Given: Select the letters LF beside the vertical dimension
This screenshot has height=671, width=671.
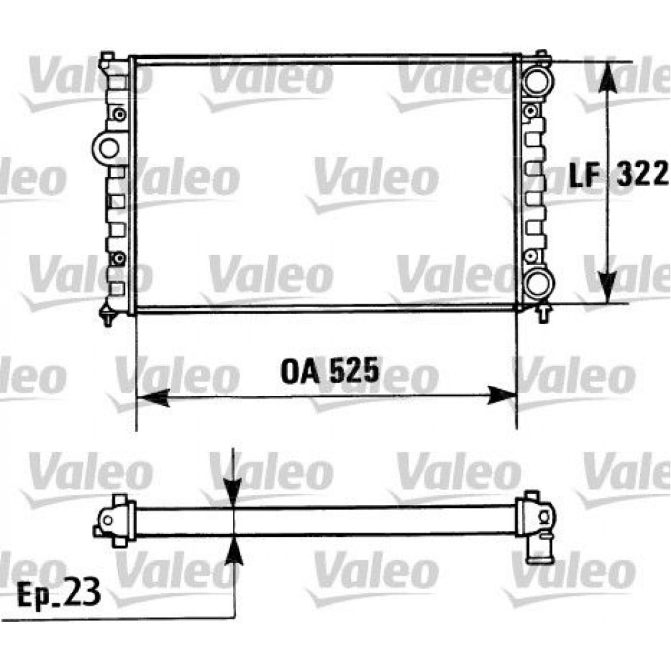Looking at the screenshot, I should point(584,175).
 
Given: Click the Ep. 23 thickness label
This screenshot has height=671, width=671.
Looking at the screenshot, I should point(58,592).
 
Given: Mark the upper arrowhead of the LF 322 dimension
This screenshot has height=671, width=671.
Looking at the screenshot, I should point(608,77).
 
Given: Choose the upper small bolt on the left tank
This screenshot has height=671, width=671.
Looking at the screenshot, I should point(119,113).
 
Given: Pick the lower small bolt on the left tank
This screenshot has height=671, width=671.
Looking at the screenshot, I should point(119,258).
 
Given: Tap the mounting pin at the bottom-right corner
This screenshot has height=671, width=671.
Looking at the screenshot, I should point(541,313).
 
